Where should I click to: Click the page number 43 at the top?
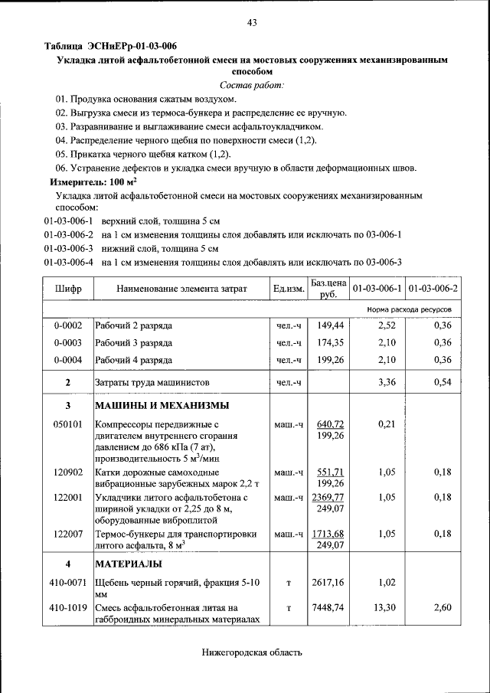[252, 22]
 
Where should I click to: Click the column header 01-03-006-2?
[433, 289]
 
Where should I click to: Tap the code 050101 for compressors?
[67, 424]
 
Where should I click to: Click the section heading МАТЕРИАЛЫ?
[128, 564]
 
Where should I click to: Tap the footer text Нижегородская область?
[252, 653]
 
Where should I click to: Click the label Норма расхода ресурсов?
[409, 309]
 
